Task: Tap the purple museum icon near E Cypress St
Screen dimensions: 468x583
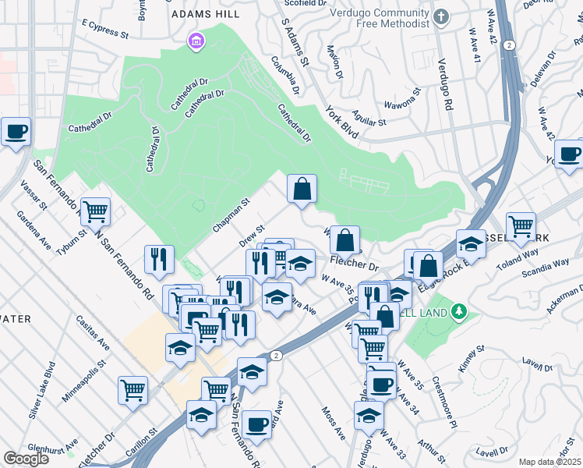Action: pos(195,40)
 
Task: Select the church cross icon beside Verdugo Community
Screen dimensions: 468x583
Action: pos(442,16)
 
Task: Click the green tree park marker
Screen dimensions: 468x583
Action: pos(459,312)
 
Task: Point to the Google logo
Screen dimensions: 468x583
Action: pos(26,459)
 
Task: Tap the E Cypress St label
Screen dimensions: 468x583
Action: pos(99,34)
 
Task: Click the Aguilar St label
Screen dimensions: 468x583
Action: pos(369,119)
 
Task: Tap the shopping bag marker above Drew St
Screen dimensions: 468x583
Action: pos(302,189)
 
